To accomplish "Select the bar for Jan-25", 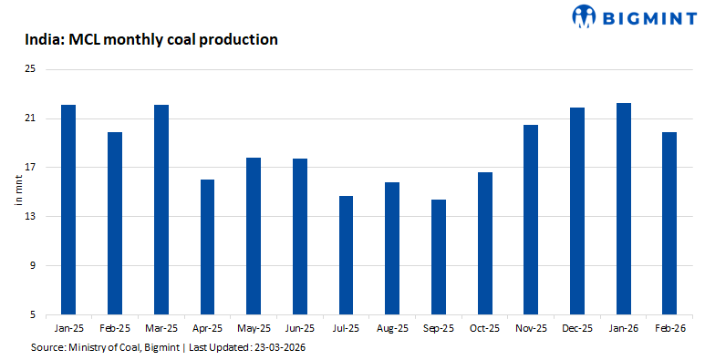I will [x=68, y=210].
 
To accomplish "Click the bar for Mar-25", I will [x=161, y=210].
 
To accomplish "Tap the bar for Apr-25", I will [x=207, y=247].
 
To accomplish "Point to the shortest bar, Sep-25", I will [x=439, y=257].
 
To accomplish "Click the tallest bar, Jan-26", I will [x=624, y=209].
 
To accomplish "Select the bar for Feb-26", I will [x=669, y=223].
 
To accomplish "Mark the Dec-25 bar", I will [x=577, y=211].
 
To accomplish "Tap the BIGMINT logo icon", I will [x=585, y=15].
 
